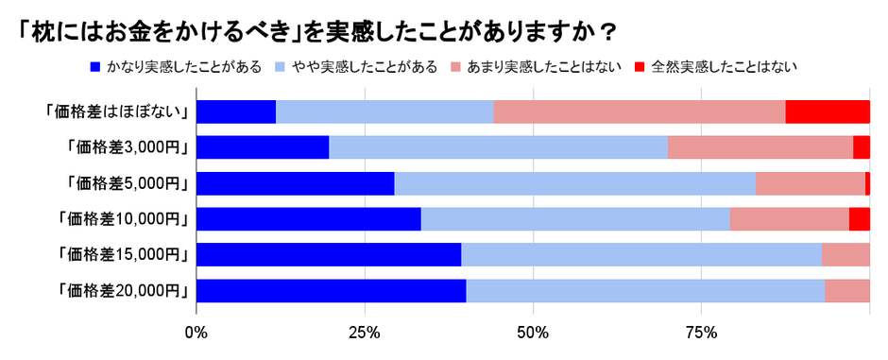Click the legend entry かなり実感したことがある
point(175,66)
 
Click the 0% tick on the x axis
point(196,333)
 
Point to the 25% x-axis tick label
point(365,333)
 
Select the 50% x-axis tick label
point(533,333)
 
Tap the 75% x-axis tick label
point(701,333)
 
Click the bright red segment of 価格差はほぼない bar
point(828,111)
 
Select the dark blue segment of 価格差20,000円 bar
point(331,291)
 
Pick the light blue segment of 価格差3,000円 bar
point(498,147)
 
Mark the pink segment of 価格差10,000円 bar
point(790,219)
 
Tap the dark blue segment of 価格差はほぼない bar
point(236,111)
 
